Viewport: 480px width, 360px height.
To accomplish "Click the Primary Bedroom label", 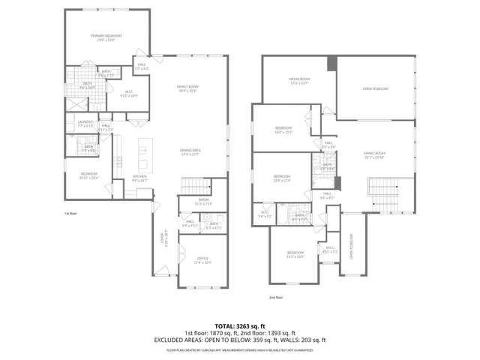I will (106, 37).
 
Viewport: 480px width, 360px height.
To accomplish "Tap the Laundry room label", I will (85, 125).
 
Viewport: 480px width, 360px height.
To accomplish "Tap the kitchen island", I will (141, 158).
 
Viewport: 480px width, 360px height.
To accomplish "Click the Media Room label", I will (300, 80).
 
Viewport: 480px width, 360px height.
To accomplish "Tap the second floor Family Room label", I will (374, 155).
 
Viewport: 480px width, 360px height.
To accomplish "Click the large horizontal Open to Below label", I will (375, 88).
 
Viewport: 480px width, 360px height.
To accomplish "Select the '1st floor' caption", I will (72, 213).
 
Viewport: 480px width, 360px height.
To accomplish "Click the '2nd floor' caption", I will (276, 297).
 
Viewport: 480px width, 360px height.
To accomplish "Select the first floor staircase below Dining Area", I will (193, 186).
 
